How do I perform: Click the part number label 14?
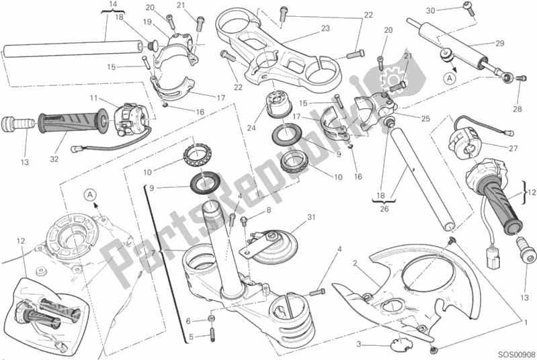(x=112, y=5)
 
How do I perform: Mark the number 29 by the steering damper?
(x=499, y=44)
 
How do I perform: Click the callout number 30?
(x=431, y=9)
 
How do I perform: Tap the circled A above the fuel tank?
(x=90, y=195)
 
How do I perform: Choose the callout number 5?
(x=190, y=336)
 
